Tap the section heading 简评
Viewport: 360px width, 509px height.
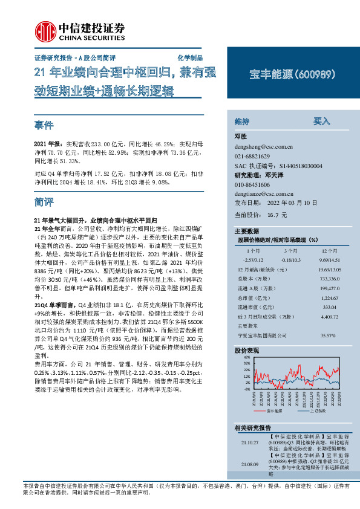(44, 201)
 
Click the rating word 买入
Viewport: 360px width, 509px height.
(322, 121)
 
